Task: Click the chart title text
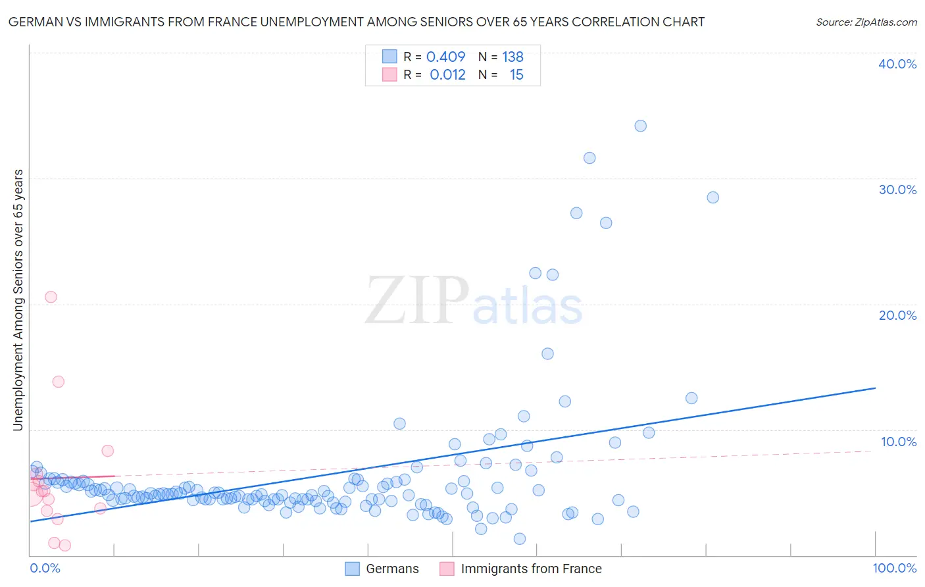click(356, 22)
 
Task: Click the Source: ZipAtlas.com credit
click(866, 22)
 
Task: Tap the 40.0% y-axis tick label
click(897, 64)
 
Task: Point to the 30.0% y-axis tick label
click(897, 190)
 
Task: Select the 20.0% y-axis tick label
click(897, 315)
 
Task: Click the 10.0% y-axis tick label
click(898, 442)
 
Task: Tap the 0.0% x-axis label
click(45, 568)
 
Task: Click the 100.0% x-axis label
click(894, 568)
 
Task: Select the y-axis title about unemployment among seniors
click(18, 300)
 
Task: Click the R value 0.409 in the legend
click(445, 57)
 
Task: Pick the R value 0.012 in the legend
click(447, 75)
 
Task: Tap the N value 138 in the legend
click(512, 57)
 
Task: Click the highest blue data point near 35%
click(640, 126)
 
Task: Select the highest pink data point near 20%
click(51, 297)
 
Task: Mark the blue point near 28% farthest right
click(712, 197)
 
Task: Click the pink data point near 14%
click(58, 382)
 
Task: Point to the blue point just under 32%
click(589, 158)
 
